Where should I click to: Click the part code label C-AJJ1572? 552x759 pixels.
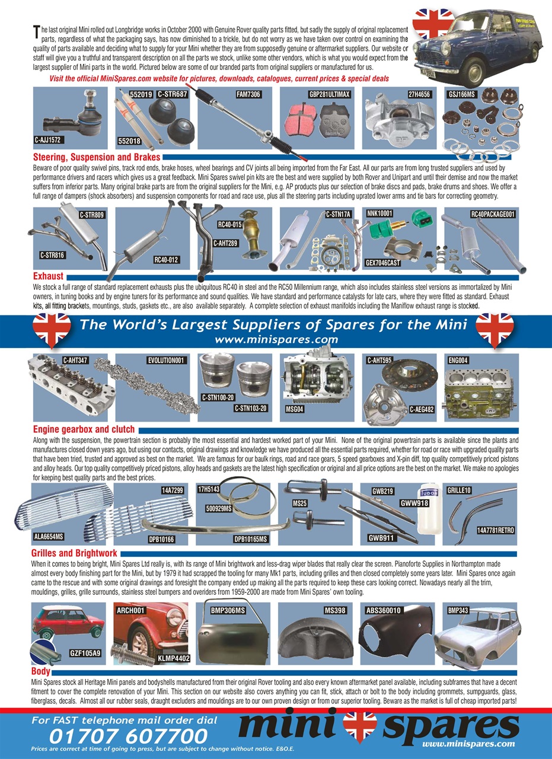[49, 141]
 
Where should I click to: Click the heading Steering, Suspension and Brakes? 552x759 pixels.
[96, 158]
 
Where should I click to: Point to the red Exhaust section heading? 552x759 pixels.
[48, 276]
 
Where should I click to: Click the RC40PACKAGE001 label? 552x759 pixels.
[492, 214]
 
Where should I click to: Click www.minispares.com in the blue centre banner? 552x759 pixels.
[276, 340]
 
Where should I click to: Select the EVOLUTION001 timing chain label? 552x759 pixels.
[167, 360]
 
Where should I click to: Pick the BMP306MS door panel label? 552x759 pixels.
[229, 610]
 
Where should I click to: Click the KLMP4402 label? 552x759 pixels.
[173, 658]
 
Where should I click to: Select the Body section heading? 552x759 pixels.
[41, 672]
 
